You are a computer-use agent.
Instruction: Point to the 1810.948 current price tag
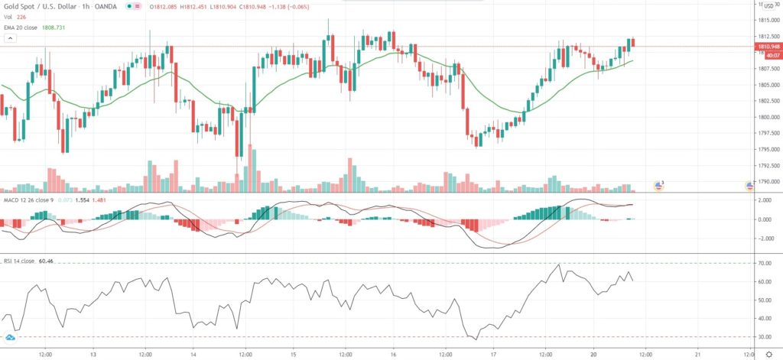768,47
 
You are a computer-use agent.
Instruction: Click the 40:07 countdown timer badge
768,54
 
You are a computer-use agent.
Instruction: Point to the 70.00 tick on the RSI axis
764,264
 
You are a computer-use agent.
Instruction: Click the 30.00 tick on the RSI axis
764,337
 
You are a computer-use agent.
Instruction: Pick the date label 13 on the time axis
93,354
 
